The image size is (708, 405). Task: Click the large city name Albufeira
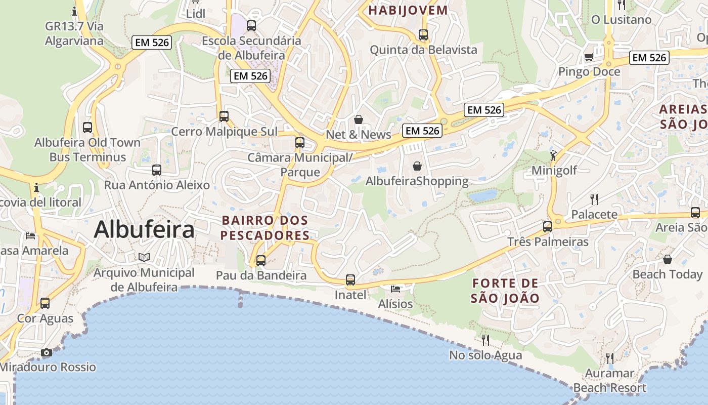(x=144, y=229)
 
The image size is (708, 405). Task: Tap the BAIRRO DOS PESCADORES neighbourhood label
(x=265, y=228)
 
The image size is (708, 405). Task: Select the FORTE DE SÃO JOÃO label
(x=505, y=291)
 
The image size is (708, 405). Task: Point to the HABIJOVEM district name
(x=408, y=10)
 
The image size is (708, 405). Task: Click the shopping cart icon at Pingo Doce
(x=589, y=57)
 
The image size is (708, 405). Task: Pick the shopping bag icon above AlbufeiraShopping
(x=417, y=166)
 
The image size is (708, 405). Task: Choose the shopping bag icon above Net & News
(x=359, y=119)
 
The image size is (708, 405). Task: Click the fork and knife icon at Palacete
(x=594, y=199)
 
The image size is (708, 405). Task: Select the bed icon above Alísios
(x=395, y=289)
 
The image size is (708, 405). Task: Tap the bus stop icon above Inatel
(x=350, y=279)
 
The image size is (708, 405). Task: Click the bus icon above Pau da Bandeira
(x=261, y=261)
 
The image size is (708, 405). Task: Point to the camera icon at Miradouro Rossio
(x=47, y=352)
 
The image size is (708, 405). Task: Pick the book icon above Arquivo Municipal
(x=144, y=258)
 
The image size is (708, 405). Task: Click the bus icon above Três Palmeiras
(x=548, y=226)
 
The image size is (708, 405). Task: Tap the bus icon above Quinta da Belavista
(x=423, y=35)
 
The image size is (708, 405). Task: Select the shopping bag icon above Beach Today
(x=668, y=259)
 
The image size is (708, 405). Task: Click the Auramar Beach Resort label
(x=609, y=381)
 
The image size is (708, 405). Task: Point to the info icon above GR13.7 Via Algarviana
(x=74, y=11)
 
